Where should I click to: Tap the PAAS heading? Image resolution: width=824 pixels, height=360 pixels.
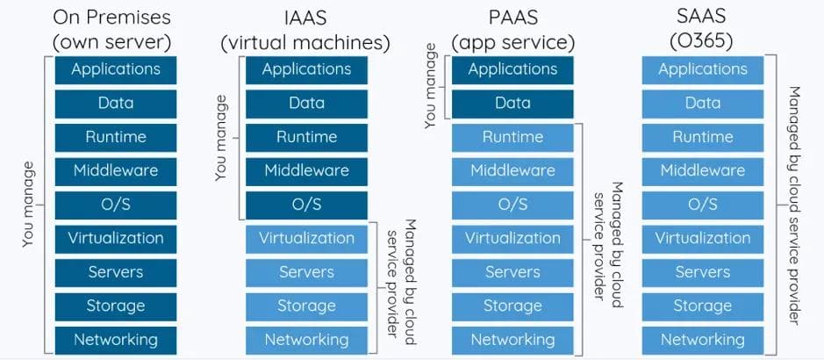click(x=512, y=18)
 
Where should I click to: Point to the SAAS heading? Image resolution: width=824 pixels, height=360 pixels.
click(x=702, y=18)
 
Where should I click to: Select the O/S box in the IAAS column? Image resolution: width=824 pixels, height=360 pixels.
click(x=306, y=205)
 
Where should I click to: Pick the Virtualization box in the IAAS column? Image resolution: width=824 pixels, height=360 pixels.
click(x=306, y=239)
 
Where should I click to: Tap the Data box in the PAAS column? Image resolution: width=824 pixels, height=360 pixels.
click(x=512, y=104)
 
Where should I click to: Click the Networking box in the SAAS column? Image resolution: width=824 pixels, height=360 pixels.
click(x=703, y=340)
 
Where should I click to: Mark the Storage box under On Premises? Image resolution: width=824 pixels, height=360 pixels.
click(x=116, y=306)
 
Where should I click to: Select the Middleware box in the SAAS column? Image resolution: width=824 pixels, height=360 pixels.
click(x=703, y=171)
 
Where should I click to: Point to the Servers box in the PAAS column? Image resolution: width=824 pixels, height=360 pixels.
click(x=512, y=272)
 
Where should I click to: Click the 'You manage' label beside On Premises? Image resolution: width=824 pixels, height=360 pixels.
click(x=29, y=204)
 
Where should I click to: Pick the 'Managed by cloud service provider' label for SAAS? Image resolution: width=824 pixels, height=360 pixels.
click(x=794, y=204)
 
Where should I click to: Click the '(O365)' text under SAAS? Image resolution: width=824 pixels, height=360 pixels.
click(x=702, y=41)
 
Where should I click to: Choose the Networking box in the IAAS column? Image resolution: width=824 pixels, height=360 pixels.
click(x=306, y=340)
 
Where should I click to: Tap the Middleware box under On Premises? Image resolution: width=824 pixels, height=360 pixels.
click(x=116, y=171)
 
